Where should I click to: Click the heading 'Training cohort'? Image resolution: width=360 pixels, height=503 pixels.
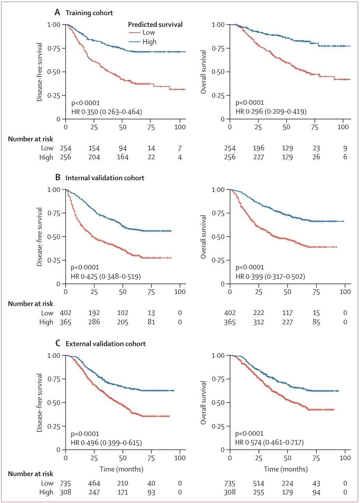click(x=89, y=13)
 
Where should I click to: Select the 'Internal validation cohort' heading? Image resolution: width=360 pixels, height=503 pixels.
click(x=105, y=178)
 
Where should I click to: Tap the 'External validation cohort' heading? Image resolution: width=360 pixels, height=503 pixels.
click(x=106, y=344)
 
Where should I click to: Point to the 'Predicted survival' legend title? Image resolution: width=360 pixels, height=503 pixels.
click(x=155, y=25)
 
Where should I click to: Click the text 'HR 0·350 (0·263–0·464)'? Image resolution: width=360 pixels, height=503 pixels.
click(x=106, y=112)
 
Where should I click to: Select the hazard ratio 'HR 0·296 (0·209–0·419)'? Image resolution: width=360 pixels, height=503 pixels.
click(x=271, y=112)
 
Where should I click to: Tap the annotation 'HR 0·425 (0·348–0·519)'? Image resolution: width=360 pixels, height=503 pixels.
click(x=106, y=277)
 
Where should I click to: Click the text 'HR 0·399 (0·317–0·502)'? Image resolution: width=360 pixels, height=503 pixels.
click(x=270, y=277)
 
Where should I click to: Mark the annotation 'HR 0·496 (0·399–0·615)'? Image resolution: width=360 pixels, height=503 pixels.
click(x=106, y=443)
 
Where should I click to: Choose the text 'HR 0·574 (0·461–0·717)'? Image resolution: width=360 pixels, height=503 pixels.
click(x=270, y=443)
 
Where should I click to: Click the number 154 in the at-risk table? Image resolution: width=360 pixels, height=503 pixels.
click(x=94, y=148)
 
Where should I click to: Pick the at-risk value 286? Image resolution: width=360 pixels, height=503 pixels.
click(x=94, y=322)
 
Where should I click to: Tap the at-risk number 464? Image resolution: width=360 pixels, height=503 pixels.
click(x=94, y=483)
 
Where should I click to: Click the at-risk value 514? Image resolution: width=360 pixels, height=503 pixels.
click(x=258, y=483)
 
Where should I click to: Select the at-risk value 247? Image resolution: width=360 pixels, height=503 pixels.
click(x=94, y=492)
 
